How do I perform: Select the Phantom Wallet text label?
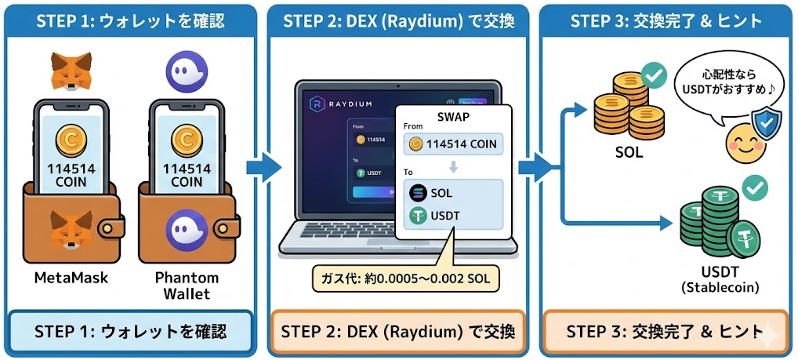187,285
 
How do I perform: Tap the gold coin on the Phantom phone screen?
187,141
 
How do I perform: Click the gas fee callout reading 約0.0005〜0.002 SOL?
406,277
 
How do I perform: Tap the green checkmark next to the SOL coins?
653,76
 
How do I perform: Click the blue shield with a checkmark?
766,123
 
